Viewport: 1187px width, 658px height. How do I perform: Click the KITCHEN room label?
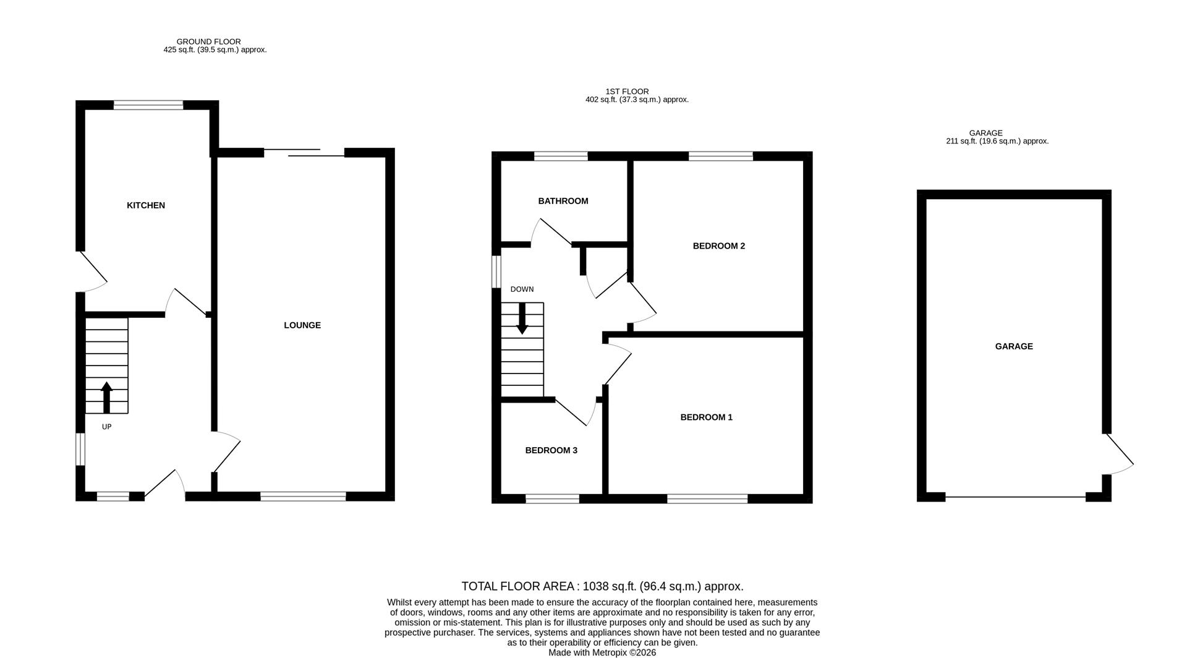pyautogui.click(x=146, y=205)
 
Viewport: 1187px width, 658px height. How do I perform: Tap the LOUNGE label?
pyautogui.click(x=302, y=325)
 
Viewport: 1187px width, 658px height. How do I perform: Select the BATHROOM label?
pyautogui.click(x=563, y=201)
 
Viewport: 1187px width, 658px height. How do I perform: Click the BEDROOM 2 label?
pyautogui.click(x=718, y=246)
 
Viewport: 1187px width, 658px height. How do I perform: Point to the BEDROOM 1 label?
pyautogui.click(x=706, y=417)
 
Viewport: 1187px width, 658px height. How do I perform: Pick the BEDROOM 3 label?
pyautogui.click(x=551, y=450)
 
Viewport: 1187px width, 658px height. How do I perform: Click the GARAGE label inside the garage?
pyautogui.click(x=1013, y=346)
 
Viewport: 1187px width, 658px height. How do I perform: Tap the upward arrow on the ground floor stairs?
pyautogui.click(x=106, y=397)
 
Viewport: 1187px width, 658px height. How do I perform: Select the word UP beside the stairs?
pyautogui.click(x=106, y=427)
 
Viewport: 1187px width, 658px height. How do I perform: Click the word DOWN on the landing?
pyautogui.click(x=522, y=289)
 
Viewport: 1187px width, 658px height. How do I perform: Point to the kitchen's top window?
pyautogui.click(x=148, y=105)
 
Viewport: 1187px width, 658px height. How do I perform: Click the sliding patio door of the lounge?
pyautogui.click(x=304, y=152)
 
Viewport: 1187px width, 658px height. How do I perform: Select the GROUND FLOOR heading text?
pyautogui.click(x=208, y=41)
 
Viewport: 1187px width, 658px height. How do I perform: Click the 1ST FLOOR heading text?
pyautogui.click(x=627, y=92)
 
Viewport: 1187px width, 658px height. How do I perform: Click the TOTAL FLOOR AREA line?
pyautogui.click(x=602, y=586)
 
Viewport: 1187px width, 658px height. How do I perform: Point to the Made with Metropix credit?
pyautogui.click(x=602, y=652)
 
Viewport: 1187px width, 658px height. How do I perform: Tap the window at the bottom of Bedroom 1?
pyautogui.click(x=707, y=498)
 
